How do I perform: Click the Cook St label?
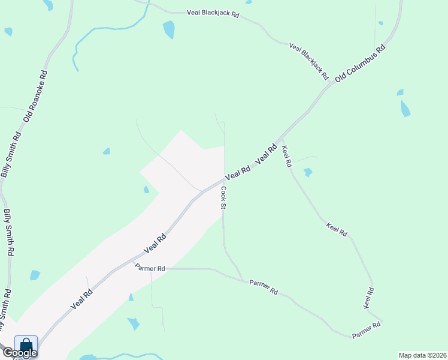(x=223, y=197)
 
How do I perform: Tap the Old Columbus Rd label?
(x=360, y=63)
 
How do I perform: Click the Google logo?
(x=20, y=353)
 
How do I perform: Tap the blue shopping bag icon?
(x=26, y=345)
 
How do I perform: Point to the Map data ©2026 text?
(x=422, y=355)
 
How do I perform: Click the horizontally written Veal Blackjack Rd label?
(x=213, y=13)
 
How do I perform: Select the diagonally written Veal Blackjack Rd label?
(x=309, y=61)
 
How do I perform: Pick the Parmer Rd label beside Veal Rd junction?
(x=150, y=268)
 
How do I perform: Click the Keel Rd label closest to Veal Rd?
(x=286, y=155)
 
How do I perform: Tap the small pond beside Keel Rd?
(x=308, y=173)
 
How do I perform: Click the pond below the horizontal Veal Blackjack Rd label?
(x=169, y=29)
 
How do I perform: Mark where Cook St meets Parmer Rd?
(x=243, y=280)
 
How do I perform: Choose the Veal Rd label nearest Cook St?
(x=238, y=175)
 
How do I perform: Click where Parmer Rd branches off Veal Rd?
(x=133, y=261)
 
